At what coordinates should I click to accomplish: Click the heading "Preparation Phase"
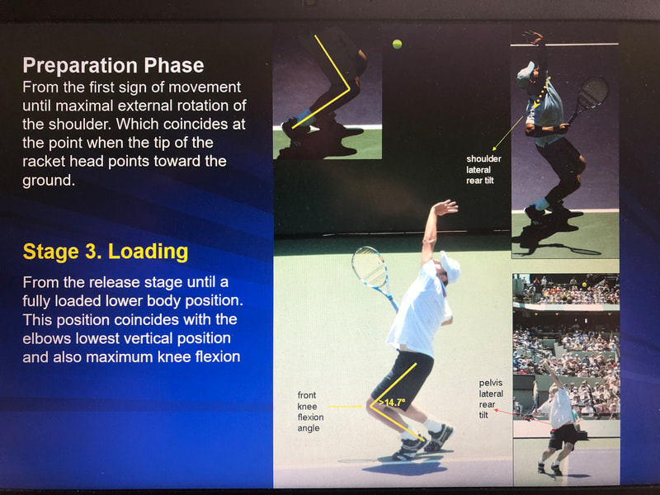[113, 65]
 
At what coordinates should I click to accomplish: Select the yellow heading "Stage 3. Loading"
[106, 252]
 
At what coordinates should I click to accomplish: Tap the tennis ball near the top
[397, 45]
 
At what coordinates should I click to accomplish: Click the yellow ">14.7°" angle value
[392, 403]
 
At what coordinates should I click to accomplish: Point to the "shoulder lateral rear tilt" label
[483, 170]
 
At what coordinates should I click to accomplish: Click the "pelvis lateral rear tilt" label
[491, 398]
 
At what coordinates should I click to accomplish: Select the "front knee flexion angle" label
[311, 411]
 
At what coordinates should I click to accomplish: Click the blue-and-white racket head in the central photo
[369, 266]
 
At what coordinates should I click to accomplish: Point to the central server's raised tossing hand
[445, 207]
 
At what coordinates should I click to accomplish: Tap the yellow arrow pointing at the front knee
[345, 407]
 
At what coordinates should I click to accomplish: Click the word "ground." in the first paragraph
[49, 180]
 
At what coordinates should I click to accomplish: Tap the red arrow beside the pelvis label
[522, 416]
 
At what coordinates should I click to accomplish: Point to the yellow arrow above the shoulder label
[507, 133]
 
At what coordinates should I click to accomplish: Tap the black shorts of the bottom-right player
[563, 436]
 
